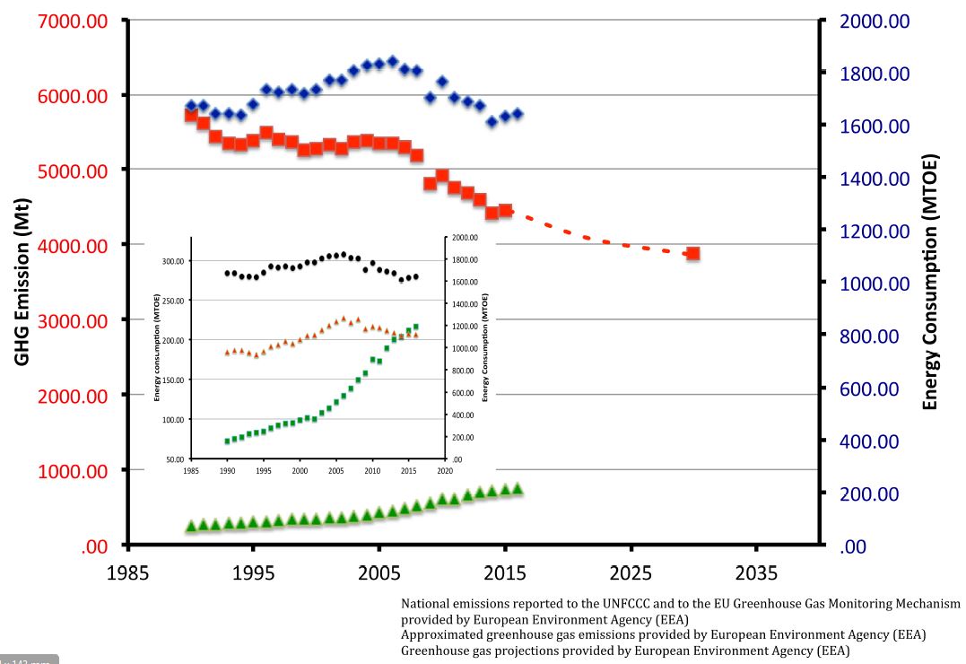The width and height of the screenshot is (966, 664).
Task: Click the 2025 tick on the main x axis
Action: point(631,572)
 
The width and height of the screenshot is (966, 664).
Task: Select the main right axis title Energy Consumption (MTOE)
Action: point(930,283)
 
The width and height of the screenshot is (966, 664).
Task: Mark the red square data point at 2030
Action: point(692,254)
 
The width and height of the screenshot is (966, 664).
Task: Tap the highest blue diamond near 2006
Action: point(392,61)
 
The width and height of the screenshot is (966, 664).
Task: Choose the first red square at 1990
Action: point(191,115)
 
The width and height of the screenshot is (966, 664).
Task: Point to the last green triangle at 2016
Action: point(517,488)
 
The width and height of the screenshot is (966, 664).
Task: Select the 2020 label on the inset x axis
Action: point(445,469)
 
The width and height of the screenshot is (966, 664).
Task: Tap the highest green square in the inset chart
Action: point(416,327)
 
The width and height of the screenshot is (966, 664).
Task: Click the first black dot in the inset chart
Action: point(227,273)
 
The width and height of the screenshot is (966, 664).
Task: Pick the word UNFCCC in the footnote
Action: point(608,604)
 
